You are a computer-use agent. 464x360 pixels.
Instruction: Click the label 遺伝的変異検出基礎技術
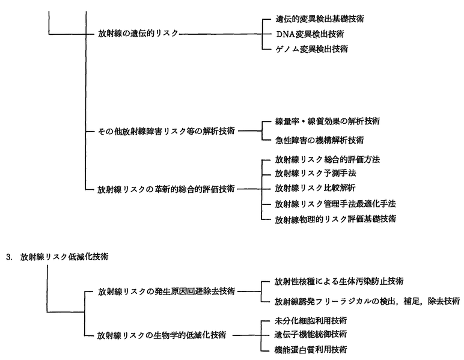tap(320, 19)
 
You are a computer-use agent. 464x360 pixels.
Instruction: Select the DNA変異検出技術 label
tap(310, 34)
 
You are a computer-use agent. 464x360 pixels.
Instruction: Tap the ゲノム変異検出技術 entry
tap(311, 49)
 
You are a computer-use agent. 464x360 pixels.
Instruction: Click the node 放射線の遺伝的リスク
tap(138, 33)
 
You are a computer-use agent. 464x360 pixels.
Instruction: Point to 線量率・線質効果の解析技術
tap(328, 121)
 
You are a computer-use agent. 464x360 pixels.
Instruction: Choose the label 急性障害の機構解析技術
tap(319, 140)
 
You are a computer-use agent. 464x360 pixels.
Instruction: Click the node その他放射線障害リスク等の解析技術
tap(166, 131)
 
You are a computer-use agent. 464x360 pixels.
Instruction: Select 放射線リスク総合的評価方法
tap(328, 159)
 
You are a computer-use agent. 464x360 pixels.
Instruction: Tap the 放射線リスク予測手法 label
tap(316, 173)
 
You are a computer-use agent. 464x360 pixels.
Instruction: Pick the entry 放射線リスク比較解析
tap(315, 188)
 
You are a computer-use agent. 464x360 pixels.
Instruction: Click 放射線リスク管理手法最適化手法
tap(335, 204)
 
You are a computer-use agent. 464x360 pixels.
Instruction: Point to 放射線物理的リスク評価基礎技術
tap(335, 219)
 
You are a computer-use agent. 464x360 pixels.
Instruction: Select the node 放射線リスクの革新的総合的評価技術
tap(166, 189)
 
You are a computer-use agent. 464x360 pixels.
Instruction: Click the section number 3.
tap(8, 257)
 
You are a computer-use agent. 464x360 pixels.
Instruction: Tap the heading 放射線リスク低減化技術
tap(64, 257)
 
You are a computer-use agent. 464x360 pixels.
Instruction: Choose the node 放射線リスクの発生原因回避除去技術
tap(166, 291)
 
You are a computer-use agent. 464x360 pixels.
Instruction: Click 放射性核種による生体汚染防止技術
tap(339, 281)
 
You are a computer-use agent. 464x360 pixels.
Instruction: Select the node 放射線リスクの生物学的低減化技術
tap(162, 335)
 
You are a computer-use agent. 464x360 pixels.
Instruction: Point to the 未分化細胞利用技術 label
tap(311, 321)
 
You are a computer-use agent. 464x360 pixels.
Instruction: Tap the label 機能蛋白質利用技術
tap(311, 350)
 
